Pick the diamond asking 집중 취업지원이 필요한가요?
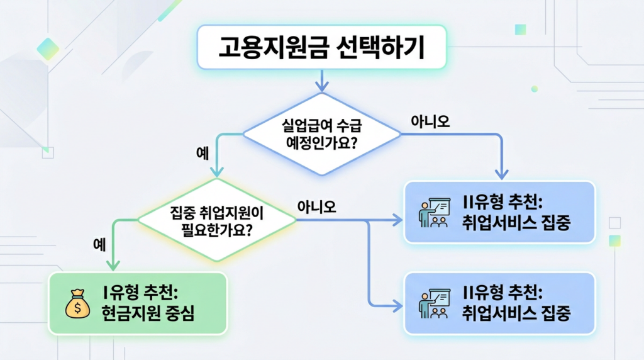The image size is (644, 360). click(216, 221)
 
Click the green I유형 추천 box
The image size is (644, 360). click(138, 303)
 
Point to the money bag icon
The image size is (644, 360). click(77, 303)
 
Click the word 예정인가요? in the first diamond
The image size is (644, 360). click(322, 142)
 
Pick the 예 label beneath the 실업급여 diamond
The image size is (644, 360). click(203, 155)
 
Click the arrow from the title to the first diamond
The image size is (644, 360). click(322, 81)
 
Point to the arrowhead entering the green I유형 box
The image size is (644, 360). click(113, 267)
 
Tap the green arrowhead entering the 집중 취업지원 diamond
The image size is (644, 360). click(216, 174)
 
